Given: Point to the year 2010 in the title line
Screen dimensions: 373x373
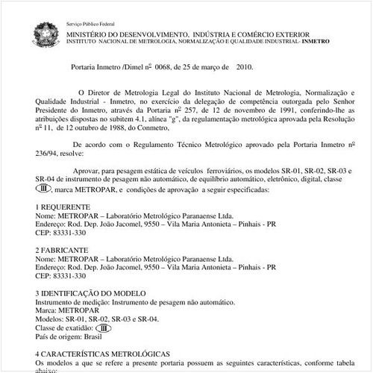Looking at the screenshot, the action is [x=245, y=67].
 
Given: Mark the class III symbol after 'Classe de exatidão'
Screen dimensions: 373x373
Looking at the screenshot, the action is [x=104, y=327].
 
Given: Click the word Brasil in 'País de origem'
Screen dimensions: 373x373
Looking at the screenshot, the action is [x=93, y=336].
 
